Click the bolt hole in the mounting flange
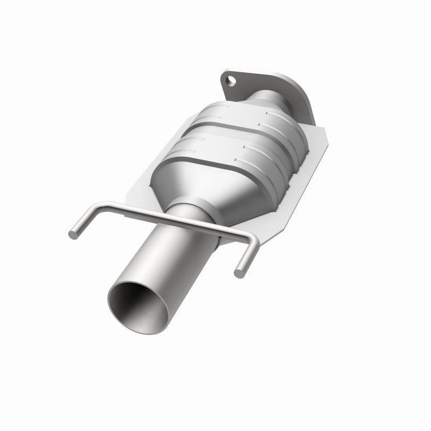[x=231, y=81]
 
